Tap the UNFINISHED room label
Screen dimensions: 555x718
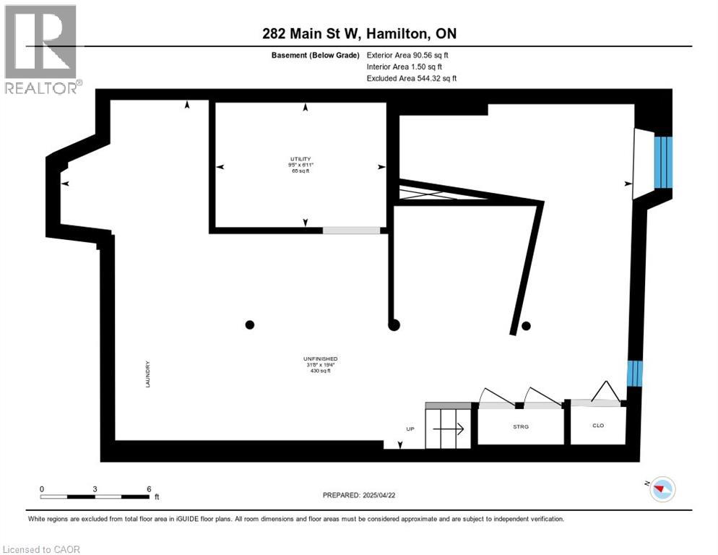pyautogui.click(x=320, y=359)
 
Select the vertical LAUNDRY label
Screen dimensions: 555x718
pyautogui.click(x=147, y=374)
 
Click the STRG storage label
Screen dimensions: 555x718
pyautogui.click(x=520, y=427)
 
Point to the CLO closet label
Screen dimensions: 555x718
pyautogui.click(x=597, y=426)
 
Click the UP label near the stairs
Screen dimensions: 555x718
pyautogui.click(x=410, y=429)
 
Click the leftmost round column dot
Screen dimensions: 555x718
pyautogui.click(x=250, y=324)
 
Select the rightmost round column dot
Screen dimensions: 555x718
pyautogui.click(x=527, y=326)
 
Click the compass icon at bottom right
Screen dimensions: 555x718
pyautogui.click(x=661, y=489)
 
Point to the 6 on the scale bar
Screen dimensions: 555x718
pyautogui.click(x=148, y=489)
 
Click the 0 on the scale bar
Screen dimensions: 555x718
pyautogui.click(x=42, y=489)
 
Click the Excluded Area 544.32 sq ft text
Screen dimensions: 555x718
pyautogui.click(x=412, y=78)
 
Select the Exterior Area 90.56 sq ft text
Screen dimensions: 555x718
pyautogui.click(x=412, y=55)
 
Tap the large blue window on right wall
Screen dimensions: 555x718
pyautogui.click(x=663, y=163)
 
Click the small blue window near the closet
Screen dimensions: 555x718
pyautogui.click(x=633, y=373)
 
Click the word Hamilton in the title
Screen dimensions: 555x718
pyautogui.click(x=399, y=34)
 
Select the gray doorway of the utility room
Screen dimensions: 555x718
pyautogui.click(x=351, y=231)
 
